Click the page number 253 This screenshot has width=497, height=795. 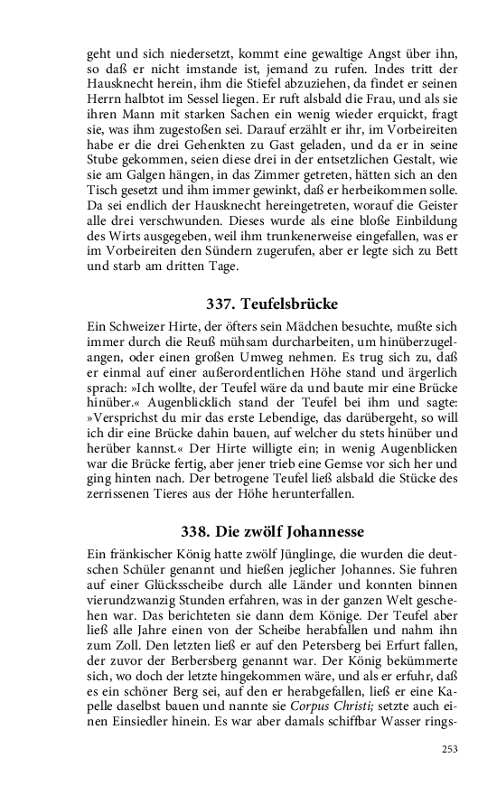449,748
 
